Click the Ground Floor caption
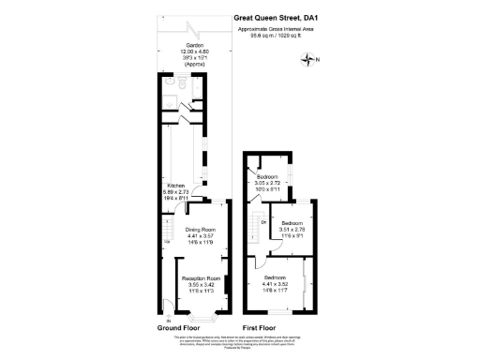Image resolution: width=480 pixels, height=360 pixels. coord(179,328)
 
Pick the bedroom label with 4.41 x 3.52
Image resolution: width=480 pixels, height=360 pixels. coord(276,279)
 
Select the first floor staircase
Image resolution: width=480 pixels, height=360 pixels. coord(255,225)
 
